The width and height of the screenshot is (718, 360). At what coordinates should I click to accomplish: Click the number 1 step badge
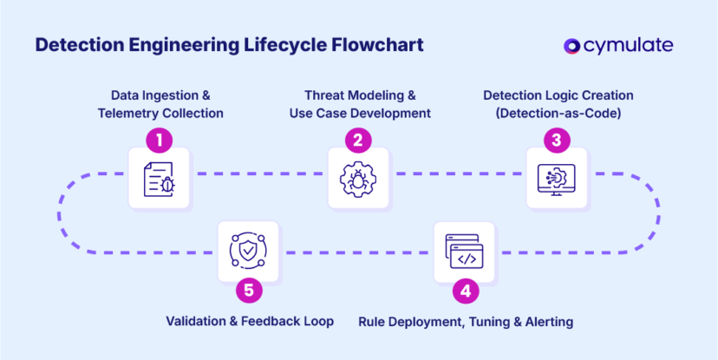click(159, 139)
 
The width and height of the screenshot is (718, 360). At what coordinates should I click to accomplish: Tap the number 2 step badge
click(358, 139)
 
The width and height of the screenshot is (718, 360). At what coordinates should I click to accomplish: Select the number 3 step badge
click(557, 139)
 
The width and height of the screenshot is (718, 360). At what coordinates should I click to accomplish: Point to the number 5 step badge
click(248, 291)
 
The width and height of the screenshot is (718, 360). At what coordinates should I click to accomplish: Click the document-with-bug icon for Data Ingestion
click(159, 178)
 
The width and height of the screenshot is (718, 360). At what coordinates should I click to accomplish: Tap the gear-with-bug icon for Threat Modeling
click(358, 178)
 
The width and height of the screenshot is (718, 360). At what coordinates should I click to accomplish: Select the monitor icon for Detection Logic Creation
click(557, 178)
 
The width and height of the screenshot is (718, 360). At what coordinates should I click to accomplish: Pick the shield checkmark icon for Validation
click(248, 252)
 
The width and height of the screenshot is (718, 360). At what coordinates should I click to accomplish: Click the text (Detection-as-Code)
click(558, 113)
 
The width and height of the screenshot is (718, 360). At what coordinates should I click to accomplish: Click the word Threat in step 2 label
click(323, 95)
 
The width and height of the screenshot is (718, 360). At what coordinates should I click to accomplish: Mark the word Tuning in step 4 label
click(487, 322)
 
